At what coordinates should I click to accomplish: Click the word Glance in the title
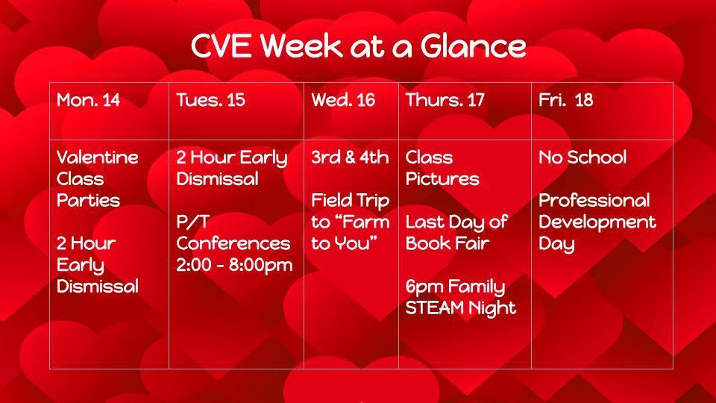(x=473, y=46)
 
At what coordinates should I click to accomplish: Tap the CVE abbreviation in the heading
(x=221, y=46)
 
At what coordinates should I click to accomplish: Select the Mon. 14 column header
(x=88, y=100)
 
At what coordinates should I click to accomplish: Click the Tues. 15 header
(x=210, y=100)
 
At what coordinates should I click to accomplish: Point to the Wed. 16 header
(x=343, y=100)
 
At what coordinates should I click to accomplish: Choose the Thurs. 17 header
(x=445, y=100)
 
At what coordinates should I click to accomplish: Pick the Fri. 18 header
(x=566, y=100)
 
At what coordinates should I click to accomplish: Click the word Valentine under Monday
(x=97, y=157)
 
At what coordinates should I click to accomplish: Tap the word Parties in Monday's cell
(x=88, y=200)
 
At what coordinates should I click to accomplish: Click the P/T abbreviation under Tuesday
(x=192, y=222)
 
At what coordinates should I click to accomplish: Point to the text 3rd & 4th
(x=350, y=157)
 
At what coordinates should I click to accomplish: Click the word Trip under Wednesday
(x=371, y=201)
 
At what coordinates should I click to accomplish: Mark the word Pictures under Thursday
(x=442, y=178)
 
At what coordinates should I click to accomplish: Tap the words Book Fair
(x=447, y=243)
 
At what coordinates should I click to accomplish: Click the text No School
(x=582, y=157)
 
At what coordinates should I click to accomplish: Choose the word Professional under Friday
(x=594, y=200)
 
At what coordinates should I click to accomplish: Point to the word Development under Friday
(x=597, y=222)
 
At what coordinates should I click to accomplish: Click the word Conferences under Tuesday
(x=233, y=243)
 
